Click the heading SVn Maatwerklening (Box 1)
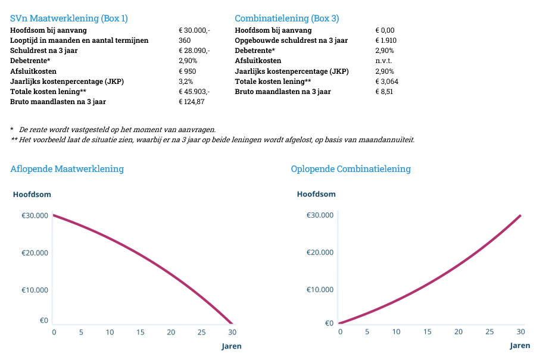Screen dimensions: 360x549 [x=69, y=18]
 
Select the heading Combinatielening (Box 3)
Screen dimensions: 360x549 [x=287, y=18]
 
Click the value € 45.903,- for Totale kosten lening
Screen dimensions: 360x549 [x=194, y=92]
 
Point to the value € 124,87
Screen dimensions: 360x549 [x=192, y=102]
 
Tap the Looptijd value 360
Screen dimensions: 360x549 [x=185, y=40]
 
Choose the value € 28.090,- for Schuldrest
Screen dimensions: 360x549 [x=194, y=51]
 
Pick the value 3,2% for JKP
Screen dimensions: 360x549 [x=186, y=82]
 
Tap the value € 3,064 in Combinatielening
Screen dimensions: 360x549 [x=388, y=82]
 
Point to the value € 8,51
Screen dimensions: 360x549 [x=385, y=92]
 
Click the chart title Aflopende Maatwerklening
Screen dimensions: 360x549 [x=67, y=169]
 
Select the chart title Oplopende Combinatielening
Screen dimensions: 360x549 [x=351, y=169]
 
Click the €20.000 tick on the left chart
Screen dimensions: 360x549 [x=35, y=253]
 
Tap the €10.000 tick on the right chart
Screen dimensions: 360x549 [x=320, y=290]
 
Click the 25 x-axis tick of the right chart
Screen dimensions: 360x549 [x=489, y=331]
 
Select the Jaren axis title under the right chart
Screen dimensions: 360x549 [x=520, y=346]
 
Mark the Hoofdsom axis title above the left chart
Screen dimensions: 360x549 [x=32, y=194]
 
